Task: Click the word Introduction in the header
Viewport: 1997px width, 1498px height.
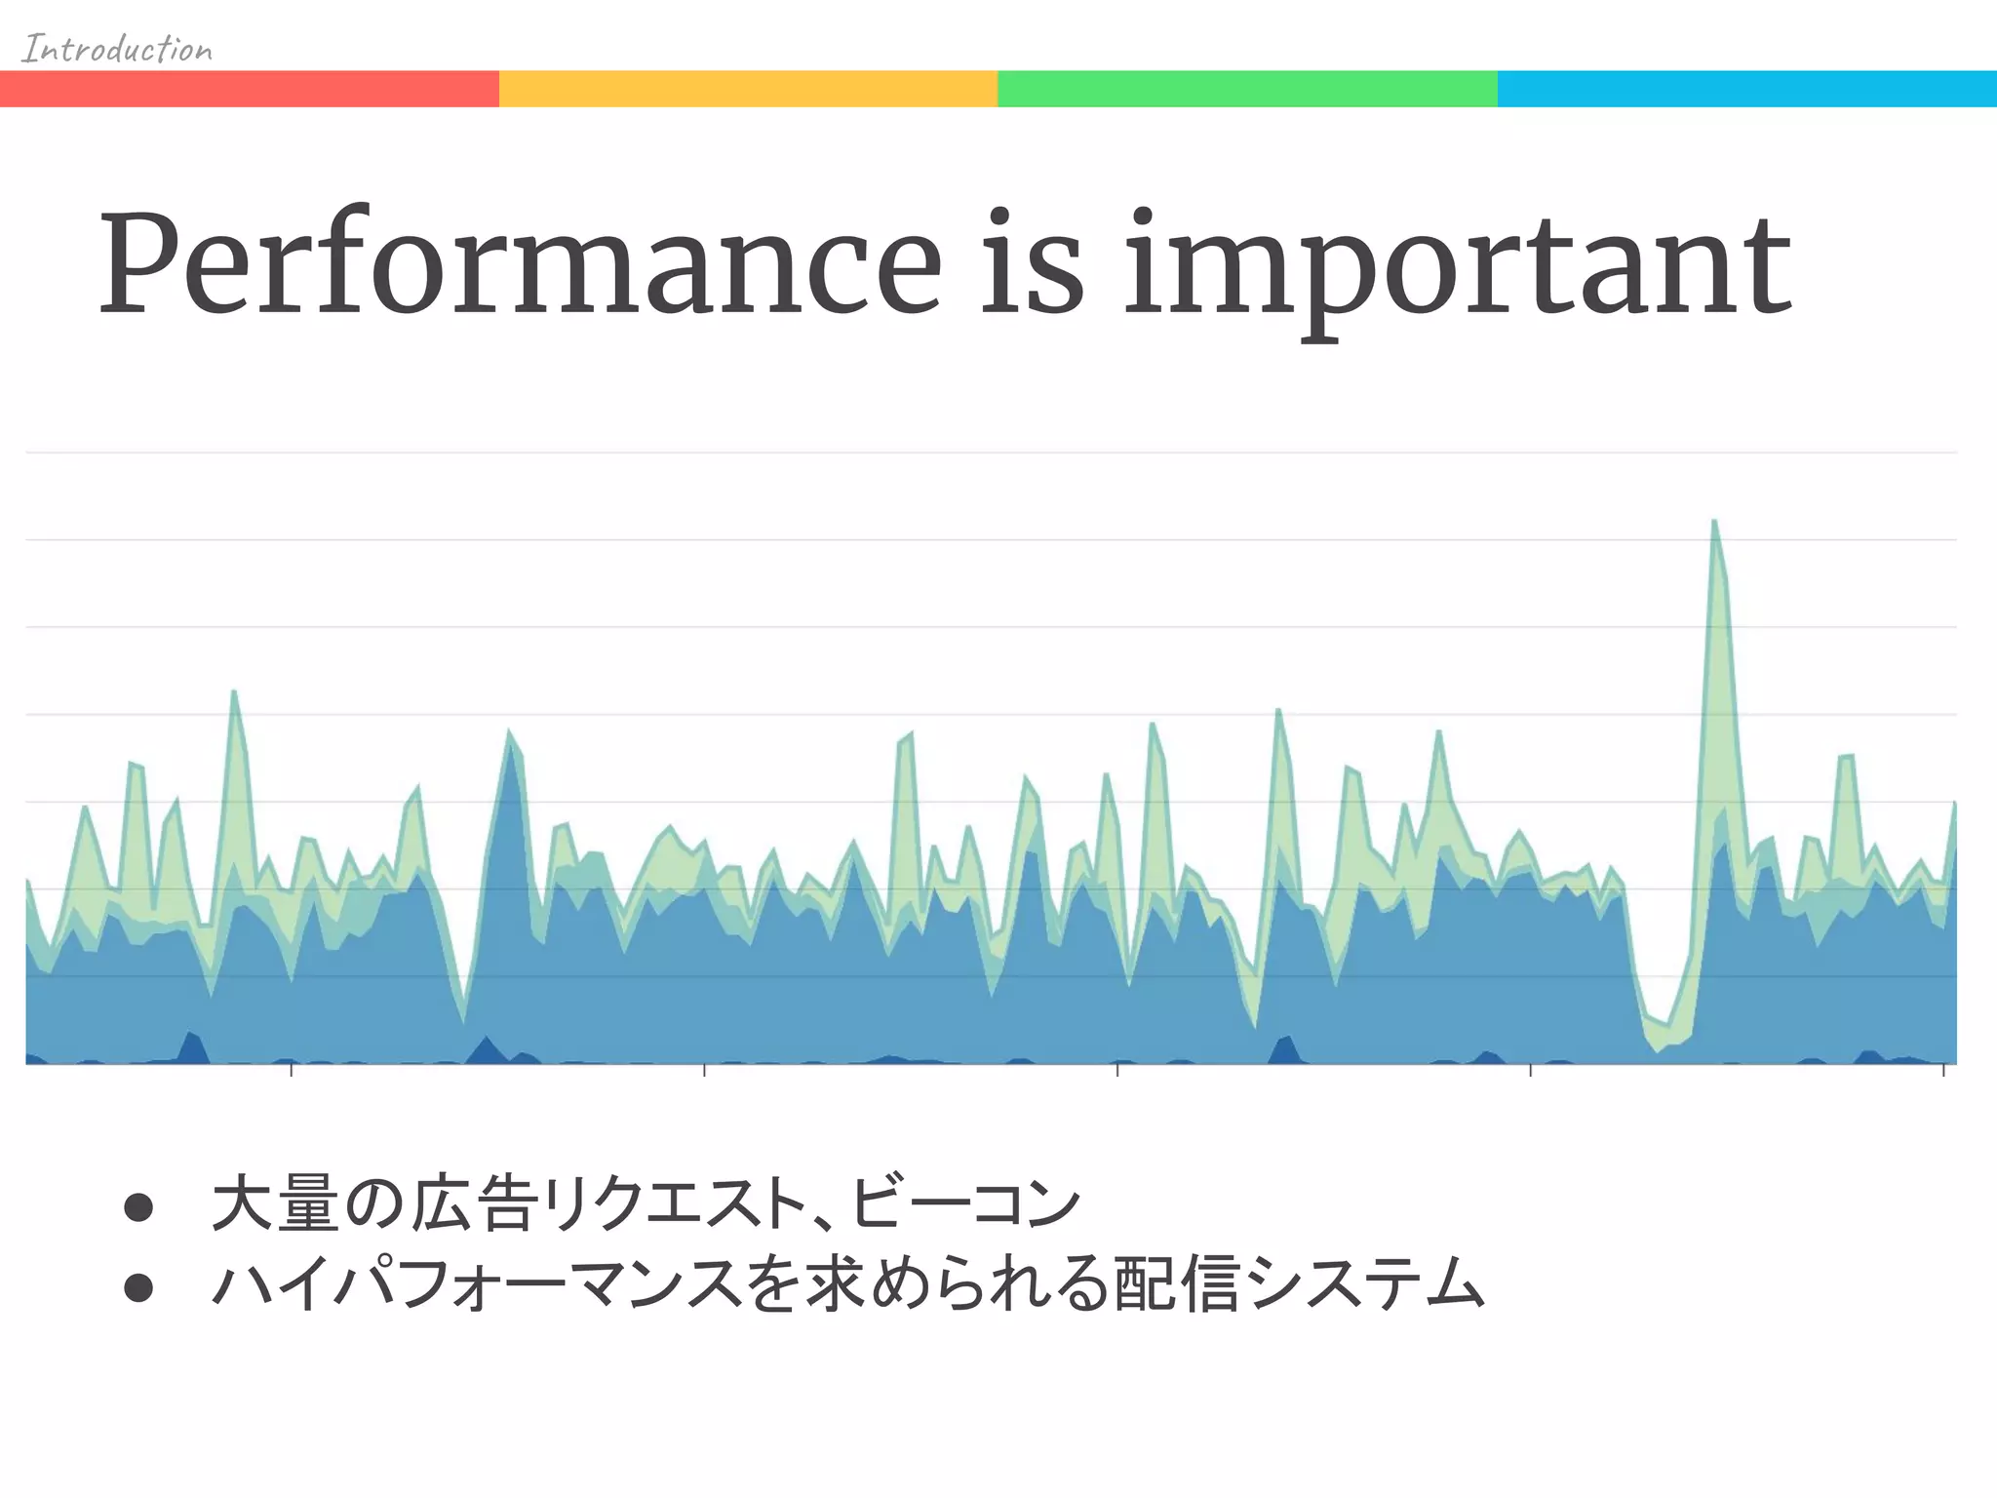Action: click(x=117, y=49)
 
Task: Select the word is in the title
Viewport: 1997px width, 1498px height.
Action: click(x=1031, y=265)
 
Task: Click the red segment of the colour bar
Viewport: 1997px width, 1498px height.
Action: click(x=250, y=89)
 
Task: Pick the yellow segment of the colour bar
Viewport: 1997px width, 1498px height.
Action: click(x=748, y=89)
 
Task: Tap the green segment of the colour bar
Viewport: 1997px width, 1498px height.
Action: click(x=1247, y=89)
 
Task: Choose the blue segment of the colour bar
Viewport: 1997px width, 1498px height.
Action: click(x=1746, y=89)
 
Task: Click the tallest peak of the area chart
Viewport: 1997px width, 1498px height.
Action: click(x=1714, y=524)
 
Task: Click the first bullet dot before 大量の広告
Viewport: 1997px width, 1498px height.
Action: click(x=138, y=1207)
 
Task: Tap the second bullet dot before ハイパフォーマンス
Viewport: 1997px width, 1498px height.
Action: click(x=138, y=1287)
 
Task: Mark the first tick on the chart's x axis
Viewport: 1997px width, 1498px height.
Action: click(x=292, y=1070)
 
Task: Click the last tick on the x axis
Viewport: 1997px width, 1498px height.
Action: click(x=1943, y=1070)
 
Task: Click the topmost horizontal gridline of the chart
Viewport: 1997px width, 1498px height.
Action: click(x=991, y=453)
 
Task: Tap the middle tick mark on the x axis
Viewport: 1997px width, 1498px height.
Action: click(x=1117, y=1070)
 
